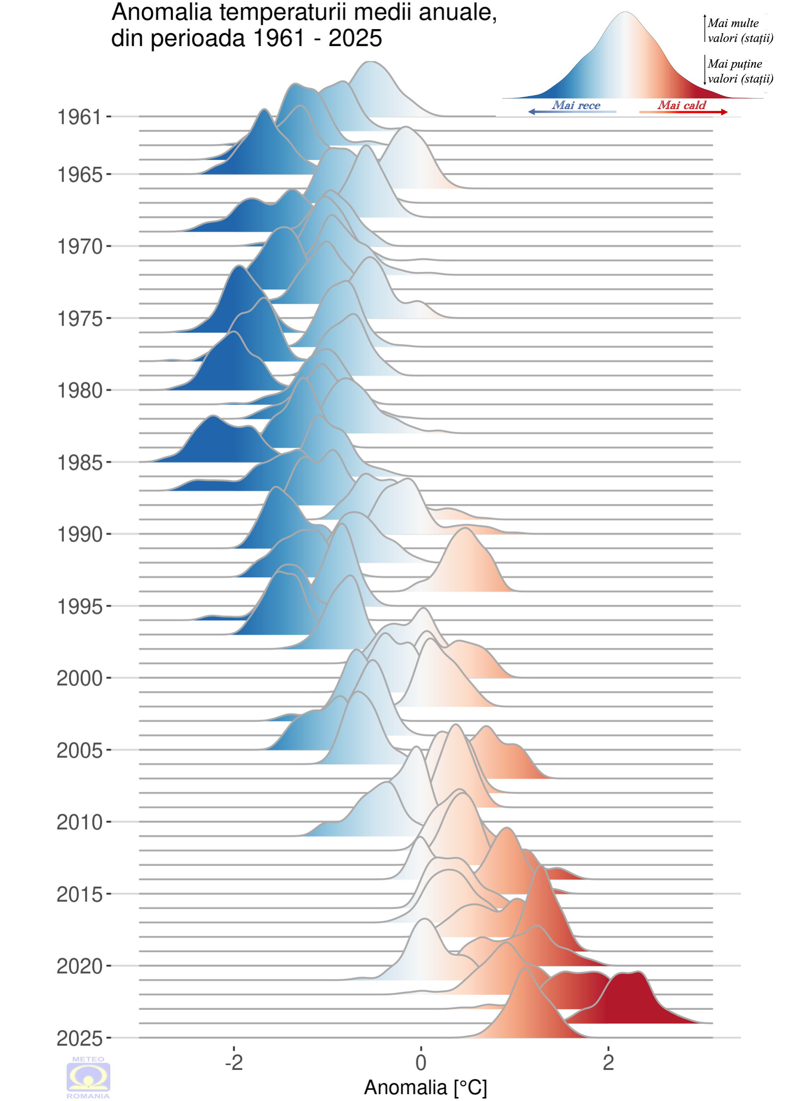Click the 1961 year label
79,117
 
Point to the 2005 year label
80,751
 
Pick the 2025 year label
80,1038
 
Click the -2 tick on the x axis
234,1062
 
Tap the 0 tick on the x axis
421,1062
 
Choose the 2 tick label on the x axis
608,1062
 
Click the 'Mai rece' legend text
576,105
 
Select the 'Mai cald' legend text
682,105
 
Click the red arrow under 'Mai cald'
683,112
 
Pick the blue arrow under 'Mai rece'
572,112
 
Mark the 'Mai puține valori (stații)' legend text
739,71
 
